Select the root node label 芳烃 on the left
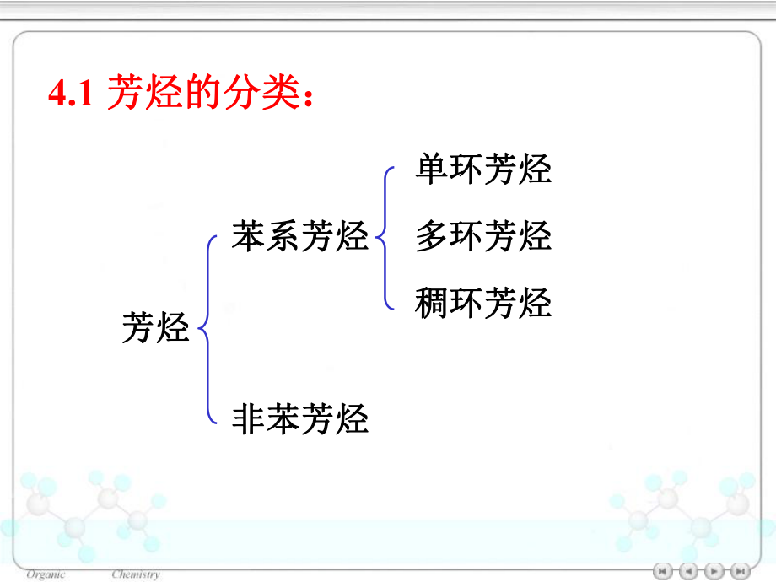click(x=156, y=327)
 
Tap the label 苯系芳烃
click(x=300, y=237)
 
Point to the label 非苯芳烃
click(x=300, y=418)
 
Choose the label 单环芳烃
click(x=482, y=169)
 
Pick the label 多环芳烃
click(x=482, y=236)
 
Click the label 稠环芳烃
click(x=482, y=303)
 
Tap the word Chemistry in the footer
click(x=135, y=574)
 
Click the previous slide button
click(x=688, y=571)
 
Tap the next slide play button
click(x=714, y=571)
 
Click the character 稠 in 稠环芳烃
click(x=431, y=303)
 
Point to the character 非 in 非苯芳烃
click(x=249, y=418)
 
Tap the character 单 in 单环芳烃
click(x=431, y=169)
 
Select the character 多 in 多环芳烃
click(x=431, y=236)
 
